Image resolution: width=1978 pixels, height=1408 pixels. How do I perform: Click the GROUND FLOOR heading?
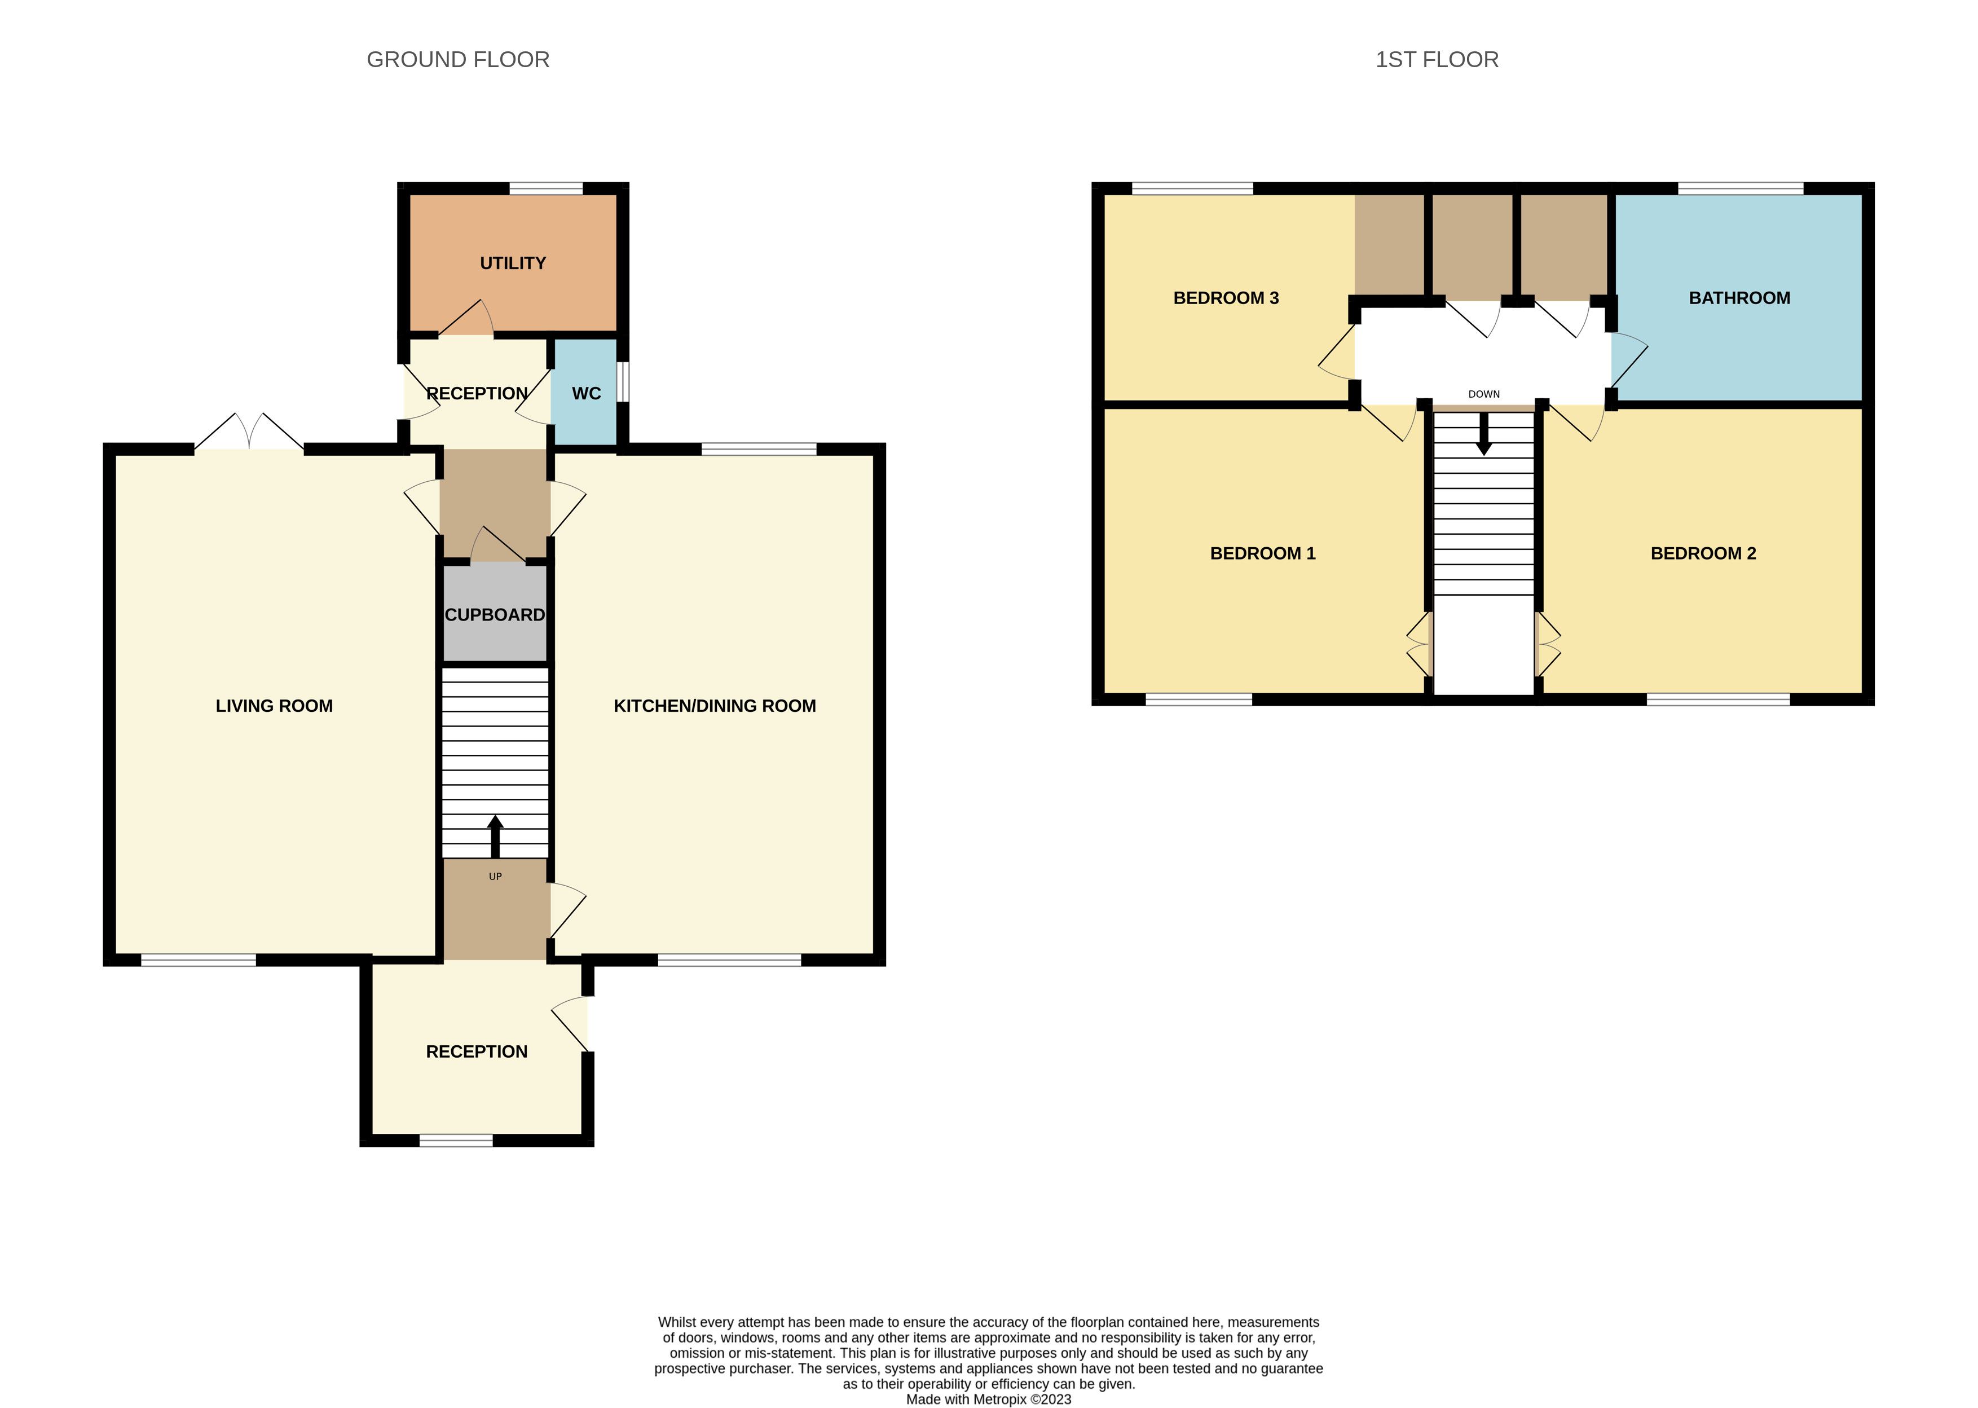pos(457,60)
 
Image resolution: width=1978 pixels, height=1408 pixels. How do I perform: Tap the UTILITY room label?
pos(513,263)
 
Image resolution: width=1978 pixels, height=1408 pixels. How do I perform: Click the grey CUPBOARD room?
pos(495,613)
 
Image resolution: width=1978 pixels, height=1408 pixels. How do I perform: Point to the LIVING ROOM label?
pos(274,706)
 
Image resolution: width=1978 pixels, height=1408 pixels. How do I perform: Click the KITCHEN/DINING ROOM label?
pos(714,706)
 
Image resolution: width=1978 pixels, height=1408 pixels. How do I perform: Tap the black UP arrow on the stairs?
pos(496,837)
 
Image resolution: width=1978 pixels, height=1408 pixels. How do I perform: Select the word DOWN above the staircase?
pos(1484,394)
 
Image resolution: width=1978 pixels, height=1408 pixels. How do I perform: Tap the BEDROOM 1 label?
pos(1262,553)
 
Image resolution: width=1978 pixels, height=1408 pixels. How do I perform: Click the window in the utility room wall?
pos(546,188)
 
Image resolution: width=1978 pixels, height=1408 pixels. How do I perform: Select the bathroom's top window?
pos(1741,188)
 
